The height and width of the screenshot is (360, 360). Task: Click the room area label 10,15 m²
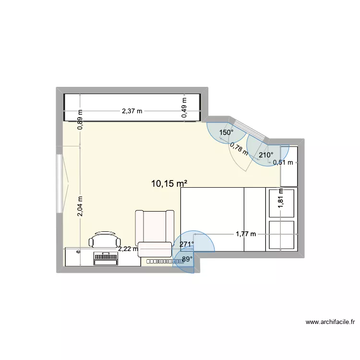[x=168, y=183]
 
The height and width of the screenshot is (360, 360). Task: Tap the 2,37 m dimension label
[x=132, y=111]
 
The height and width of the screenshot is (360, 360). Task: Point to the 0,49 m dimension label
[x=184, y=111]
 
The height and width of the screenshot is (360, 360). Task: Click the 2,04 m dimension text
[x=80, y=206]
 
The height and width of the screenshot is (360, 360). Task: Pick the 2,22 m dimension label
[x=128, y=248]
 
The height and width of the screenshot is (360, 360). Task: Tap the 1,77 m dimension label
[x=245, y=234]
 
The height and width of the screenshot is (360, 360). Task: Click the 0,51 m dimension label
[x=283, y=162]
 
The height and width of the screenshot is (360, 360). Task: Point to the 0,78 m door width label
[x=239, y=149]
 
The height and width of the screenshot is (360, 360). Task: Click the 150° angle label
[x=226, y=132]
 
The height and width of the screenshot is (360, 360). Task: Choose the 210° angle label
[x=266, y=155]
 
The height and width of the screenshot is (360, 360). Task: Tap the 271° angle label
[x=187, y=244]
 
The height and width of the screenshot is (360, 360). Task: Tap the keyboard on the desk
[x=106, y=258]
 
